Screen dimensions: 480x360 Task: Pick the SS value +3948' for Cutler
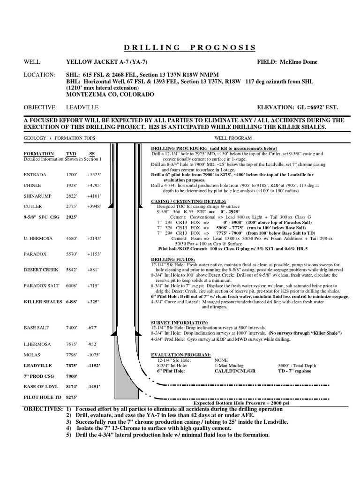(x=95, y=206)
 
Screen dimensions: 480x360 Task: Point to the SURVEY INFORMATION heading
(x=180, y=322)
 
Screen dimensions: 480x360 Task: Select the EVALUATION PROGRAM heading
(x=181, y=355)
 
